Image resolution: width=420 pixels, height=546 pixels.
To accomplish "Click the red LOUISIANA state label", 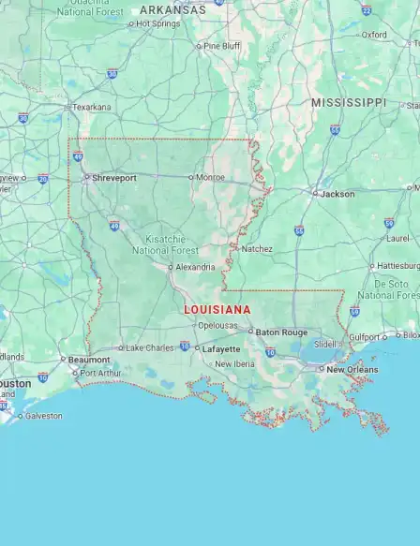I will click(217, 309).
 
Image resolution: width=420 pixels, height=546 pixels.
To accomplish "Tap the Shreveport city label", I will click(113, 177).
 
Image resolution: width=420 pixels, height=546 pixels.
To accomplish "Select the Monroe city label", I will click(211, 177).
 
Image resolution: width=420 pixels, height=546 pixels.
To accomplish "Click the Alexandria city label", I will click(195, 267).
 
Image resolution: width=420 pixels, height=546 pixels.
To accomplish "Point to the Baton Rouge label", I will click(281, 332).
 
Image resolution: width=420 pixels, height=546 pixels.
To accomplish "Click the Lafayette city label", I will click(222, 348).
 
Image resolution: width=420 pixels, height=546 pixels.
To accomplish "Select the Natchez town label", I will click(256, 249).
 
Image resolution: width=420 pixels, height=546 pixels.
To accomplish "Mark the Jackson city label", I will click(337, 194).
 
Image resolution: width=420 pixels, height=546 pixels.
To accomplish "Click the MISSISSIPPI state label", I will click(348, 102).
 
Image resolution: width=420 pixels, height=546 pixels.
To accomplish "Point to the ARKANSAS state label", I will click(172, 9).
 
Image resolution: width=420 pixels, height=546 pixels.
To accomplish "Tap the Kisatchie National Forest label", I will click(165, 244).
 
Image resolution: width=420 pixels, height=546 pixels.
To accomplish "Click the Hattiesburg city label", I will click(395, 266).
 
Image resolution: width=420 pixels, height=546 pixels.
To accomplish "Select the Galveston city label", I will click(43, 416).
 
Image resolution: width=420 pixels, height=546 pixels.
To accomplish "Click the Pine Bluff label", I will click(222, 45).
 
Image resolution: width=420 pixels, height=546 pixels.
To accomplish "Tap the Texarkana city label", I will click(91, 107).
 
